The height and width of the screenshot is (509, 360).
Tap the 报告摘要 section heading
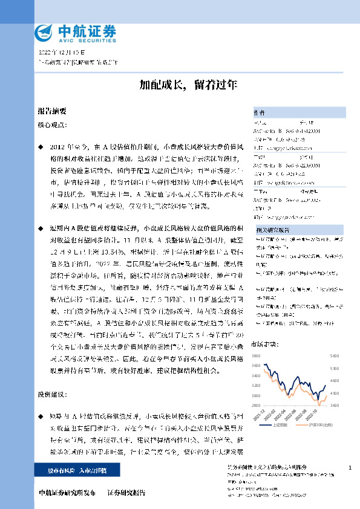click(52, 111)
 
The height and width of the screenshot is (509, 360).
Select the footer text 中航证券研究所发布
click(67, 493)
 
